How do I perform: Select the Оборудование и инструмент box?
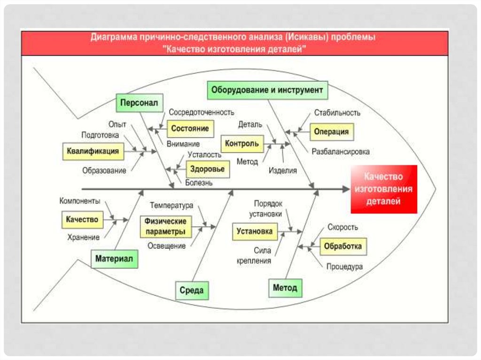(x=267, y=90)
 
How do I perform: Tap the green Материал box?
(x=114, y=258)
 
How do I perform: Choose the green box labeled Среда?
(x=192, y=291)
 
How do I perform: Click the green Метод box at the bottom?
(x=285, y=288)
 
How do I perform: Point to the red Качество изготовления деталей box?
(x=384, y=189)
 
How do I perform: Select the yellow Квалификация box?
(x=92, y=152)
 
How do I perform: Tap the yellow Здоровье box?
(x=208, y=169)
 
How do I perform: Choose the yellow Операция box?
(x=332, y=132)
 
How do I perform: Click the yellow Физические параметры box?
(x=166, y=226)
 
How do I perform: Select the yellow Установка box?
(x=255, y=231)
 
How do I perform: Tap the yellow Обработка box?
(x=343, y=246)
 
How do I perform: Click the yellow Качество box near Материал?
(x=82, y=219)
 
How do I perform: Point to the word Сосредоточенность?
(x=202, y=113)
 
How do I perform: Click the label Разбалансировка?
(x=341, y=152)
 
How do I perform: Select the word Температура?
(x=172, y=206)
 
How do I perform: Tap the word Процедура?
(x=344, y=267)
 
